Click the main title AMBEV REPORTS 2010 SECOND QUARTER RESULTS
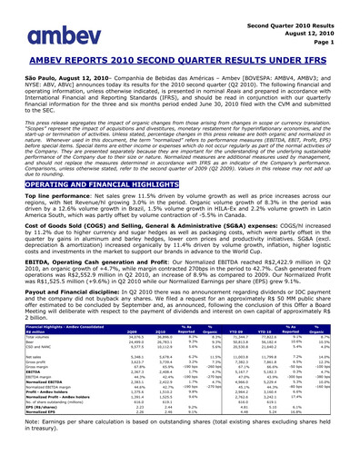(180, 63)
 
